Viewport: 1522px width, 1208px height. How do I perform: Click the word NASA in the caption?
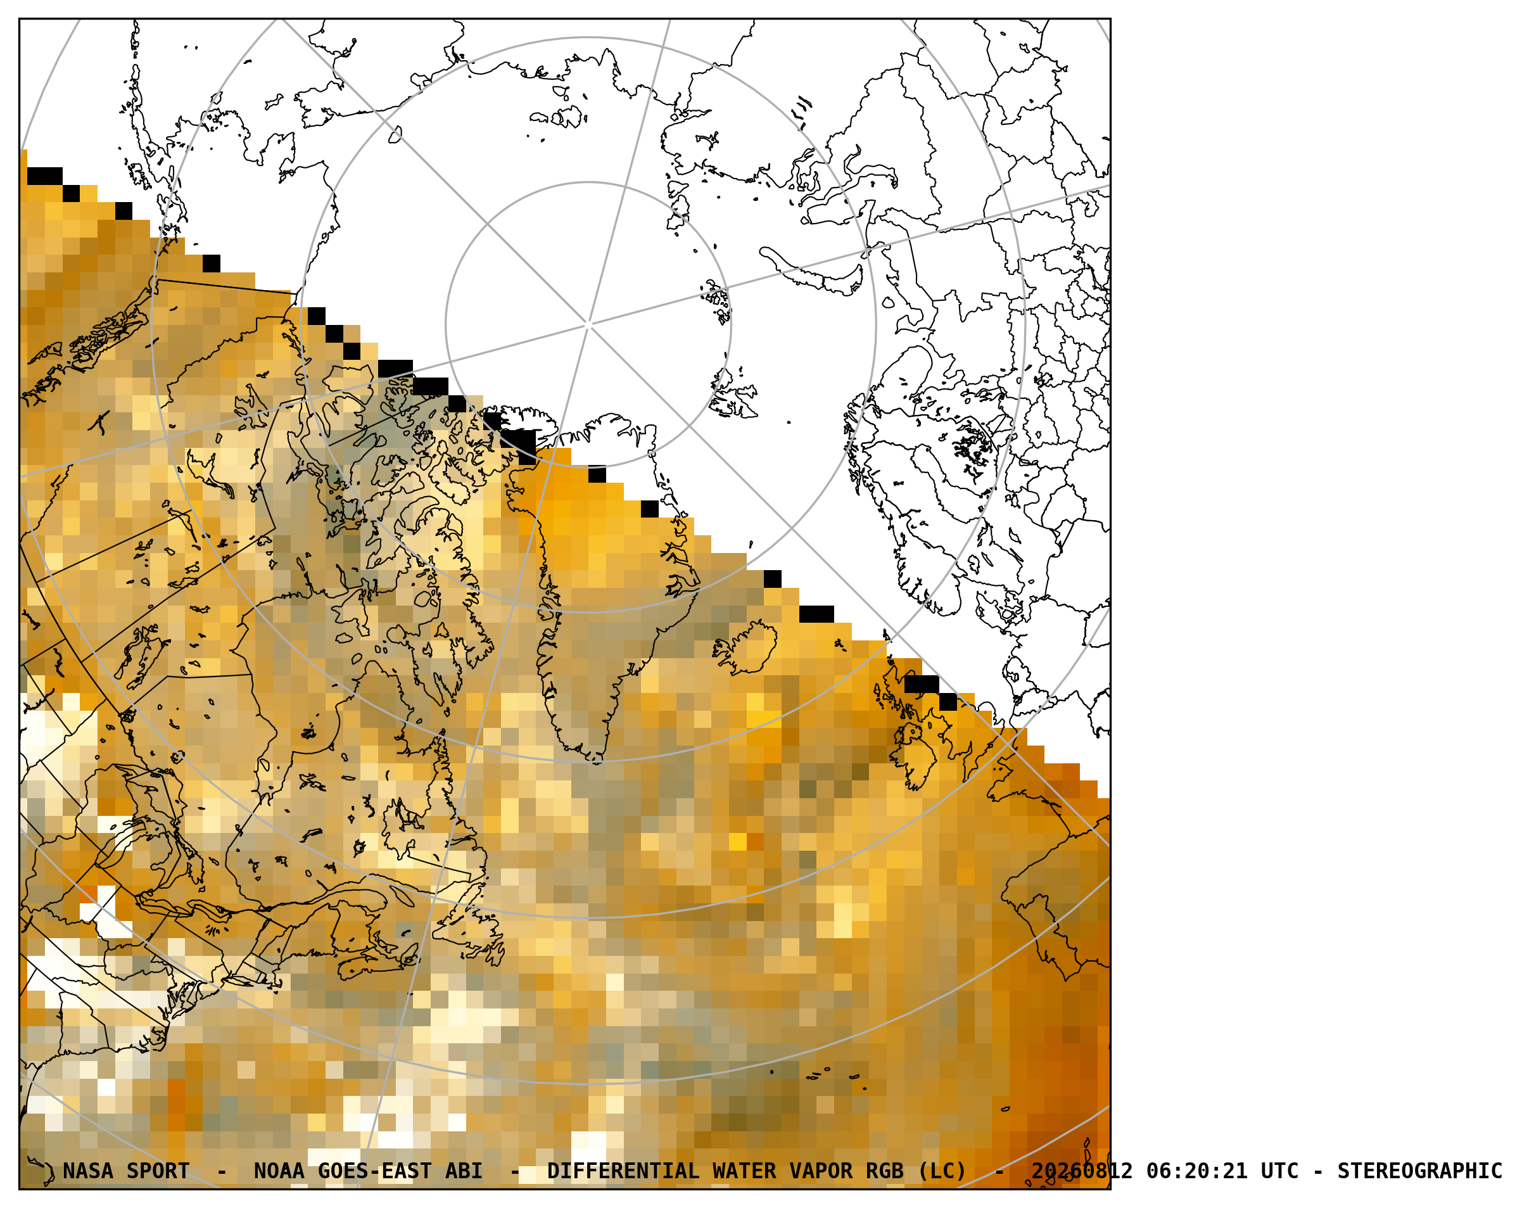click(87, 1171)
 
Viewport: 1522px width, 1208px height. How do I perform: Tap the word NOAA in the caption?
click(279, 1171)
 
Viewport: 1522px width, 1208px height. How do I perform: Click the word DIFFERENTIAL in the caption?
click(623, 1171)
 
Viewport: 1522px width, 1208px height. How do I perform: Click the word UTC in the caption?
click(1280, 1171)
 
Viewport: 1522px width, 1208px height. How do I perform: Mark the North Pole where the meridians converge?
click(588, 325)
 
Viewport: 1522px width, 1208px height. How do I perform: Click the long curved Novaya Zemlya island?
click(812, 272)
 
